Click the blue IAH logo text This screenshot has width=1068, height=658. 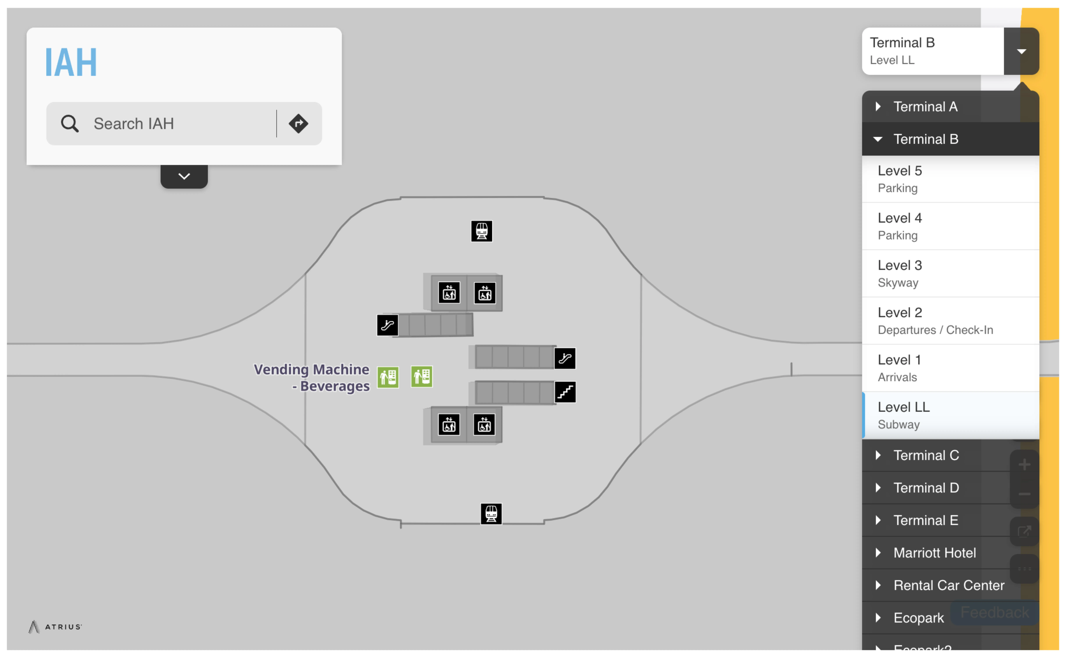coord(71,62)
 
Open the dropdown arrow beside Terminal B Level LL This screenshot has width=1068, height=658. coord(1021,51)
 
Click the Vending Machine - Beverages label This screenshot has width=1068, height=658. coord(312,377)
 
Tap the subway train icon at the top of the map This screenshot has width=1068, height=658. coord(481,231)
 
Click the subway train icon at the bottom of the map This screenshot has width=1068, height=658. coord(491,514)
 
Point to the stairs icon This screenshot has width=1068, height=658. coord(565,392)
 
